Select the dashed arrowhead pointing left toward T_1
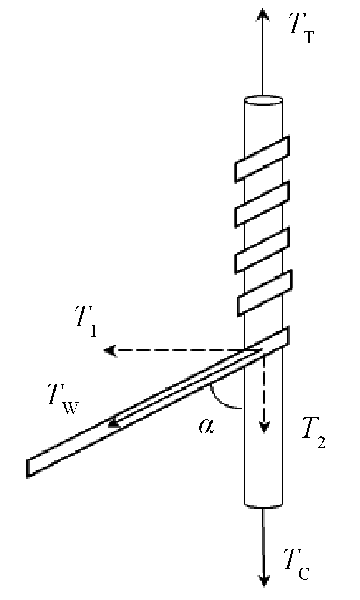coord(110,350)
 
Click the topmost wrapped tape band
coord(261,158)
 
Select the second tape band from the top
coord(261,203)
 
